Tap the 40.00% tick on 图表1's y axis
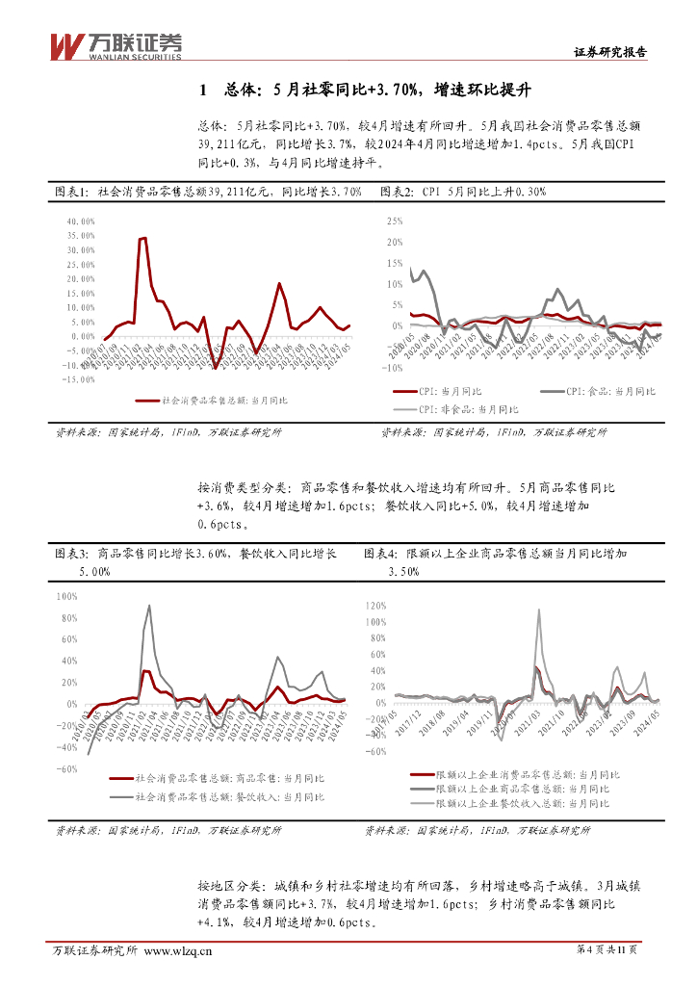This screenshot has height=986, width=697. click(x=79, y=221)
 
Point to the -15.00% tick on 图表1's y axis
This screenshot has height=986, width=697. click(x=77, y=379)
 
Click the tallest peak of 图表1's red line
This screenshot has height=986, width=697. click(x=142, y=238)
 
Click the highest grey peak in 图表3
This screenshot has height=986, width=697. click(x=148, y=606)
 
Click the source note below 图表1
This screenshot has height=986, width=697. click(x=168, y=433)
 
